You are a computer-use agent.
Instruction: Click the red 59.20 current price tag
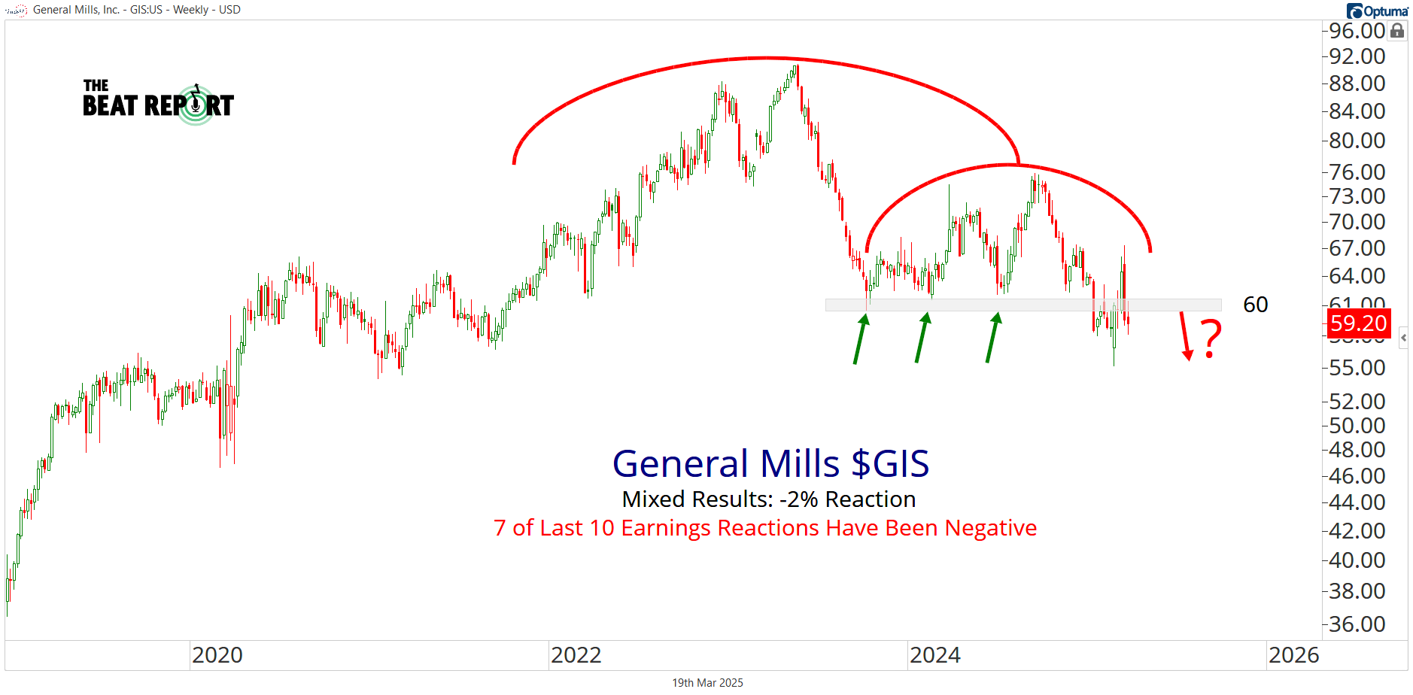click(x=1357, y=323)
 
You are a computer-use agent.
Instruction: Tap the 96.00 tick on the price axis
click(x=1357, y=31)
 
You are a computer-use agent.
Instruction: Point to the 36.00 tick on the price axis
click(x=1357, y=624)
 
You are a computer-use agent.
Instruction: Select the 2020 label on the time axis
click(x=217, y=655)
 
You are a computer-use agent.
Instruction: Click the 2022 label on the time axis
click(x=576, y=655)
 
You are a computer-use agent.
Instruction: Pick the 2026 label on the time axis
click(x=1294, y=655)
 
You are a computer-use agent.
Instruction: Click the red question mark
click(x=1211, y=339)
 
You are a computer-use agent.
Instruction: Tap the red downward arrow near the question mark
click(x=1185, y=336)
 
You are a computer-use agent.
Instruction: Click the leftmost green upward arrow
click(x=861, y=338)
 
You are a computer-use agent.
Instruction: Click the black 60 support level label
click(x=1255, y=305)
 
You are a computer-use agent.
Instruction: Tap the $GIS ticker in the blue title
click(x=890, y=463)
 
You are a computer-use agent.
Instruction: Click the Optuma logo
click(x=1378, y=11)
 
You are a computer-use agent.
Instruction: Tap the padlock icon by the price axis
click(x=1397, y=31)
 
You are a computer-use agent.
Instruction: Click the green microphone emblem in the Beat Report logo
click(x=196, y=105)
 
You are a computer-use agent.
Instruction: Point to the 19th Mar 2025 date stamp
click(x=707, y=683)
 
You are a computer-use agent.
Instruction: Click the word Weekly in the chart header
click(x=190, y=10)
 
